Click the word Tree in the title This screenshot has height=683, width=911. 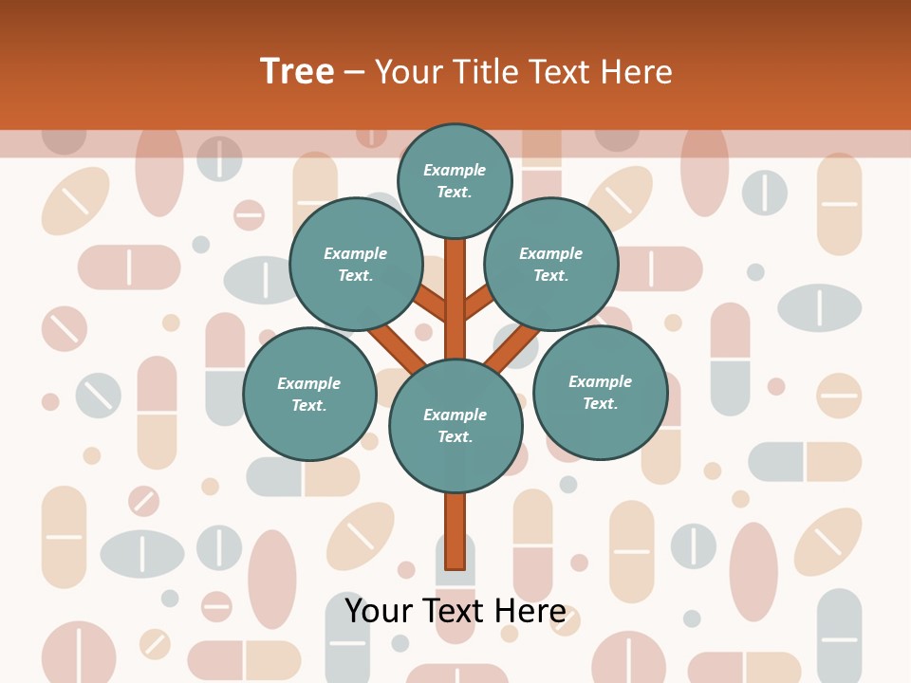(x=297, y=72)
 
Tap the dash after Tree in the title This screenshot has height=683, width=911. (x=354, y=72)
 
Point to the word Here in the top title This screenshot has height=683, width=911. (x=635, y=72)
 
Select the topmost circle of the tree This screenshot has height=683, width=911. (x=455, y=180)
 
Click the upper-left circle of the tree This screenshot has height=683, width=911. (x=356, y=264)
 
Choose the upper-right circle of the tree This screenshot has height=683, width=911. (x=551, y=264)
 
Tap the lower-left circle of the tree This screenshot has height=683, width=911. (x=309, y=394)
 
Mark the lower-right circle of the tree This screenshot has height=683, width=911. (x=601, y=392)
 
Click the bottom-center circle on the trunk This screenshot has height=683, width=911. (x=455, y=425)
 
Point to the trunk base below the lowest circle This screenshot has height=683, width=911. (x=455, y=531)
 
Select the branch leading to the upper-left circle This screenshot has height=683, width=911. (x=432, y=305)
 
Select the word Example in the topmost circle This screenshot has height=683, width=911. (x=455, y=171)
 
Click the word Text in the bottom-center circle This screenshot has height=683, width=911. (x=455, y=437)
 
